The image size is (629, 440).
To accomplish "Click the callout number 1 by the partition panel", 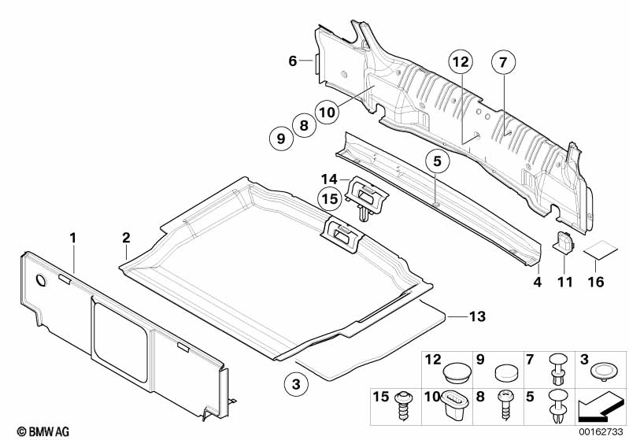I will pos(73,237).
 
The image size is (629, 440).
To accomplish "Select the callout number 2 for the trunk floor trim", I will pos(125,237).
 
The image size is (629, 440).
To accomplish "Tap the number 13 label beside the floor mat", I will pos(476,316).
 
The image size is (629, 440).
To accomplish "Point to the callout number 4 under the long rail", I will pos(537,281).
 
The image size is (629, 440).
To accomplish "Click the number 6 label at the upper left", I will pos(293,61).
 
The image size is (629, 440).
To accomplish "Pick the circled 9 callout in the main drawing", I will pos(279,139).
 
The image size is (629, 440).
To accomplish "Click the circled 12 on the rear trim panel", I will pos(460,61).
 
